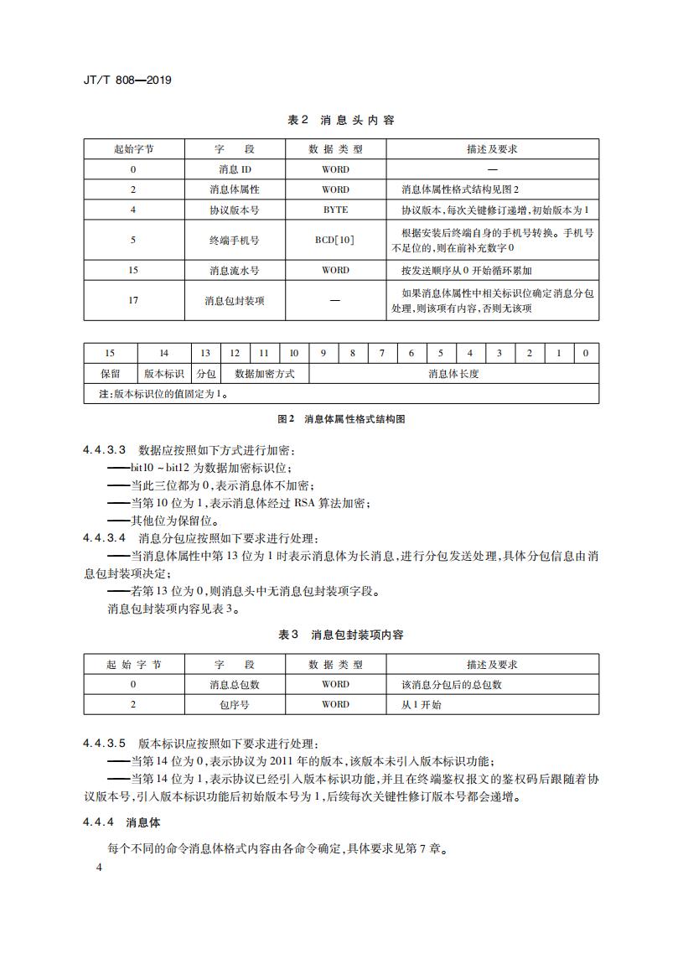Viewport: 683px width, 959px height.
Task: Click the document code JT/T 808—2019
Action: [128, 80]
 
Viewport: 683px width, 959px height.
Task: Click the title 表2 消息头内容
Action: [341, 120]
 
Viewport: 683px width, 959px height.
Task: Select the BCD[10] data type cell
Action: [335, 240]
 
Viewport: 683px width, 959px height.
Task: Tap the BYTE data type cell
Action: [335, 210]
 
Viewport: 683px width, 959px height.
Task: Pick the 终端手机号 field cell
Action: [234, 240]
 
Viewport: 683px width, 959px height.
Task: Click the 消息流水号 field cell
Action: [234, 270]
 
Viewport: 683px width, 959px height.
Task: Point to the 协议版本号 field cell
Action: [234, 210]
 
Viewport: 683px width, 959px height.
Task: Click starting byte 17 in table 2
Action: [133, 300]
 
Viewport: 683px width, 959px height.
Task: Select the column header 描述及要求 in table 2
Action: [492, 149]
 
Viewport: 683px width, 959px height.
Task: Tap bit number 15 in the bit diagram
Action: [110, 353]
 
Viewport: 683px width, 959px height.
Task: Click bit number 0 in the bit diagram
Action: [586, 353]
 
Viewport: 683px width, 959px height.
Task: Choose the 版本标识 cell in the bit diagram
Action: [163, 374]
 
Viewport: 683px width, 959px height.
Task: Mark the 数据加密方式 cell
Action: [264, 374]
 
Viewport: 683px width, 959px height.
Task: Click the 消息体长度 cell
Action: [453, 374]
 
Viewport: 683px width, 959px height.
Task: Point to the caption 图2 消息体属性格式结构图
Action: [341, 419]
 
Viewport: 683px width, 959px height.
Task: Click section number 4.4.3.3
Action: [104, 450]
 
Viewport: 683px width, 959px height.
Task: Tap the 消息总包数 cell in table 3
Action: [234, 684]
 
